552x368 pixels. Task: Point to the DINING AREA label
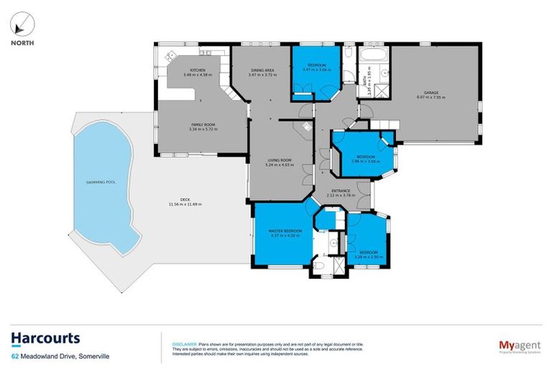[262, 70]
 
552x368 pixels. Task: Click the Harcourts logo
[45, 339]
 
